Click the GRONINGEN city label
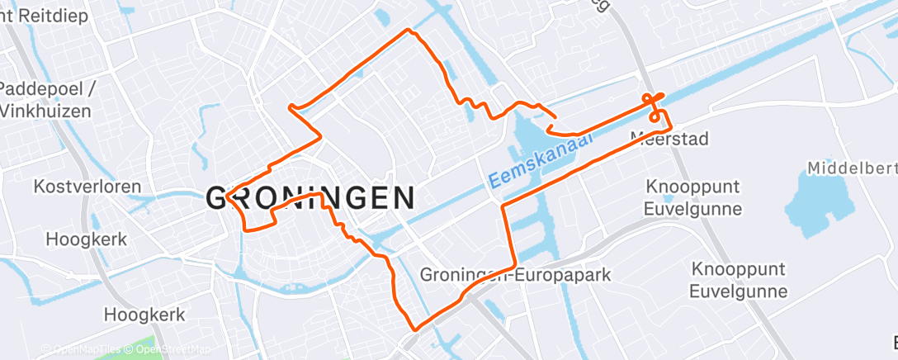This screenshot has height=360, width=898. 310,198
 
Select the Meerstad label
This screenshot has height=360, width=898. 669,138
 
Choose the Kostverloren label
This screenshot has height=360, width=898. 87,187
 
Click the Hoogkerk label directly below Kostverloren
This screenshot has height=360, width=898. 87,239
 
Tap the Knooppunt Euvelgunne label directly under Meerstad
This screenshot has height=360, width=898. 693,197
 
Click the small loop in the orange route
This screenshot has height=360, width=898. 655,116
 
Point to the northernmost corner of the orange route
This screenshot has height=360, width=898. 407,31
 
